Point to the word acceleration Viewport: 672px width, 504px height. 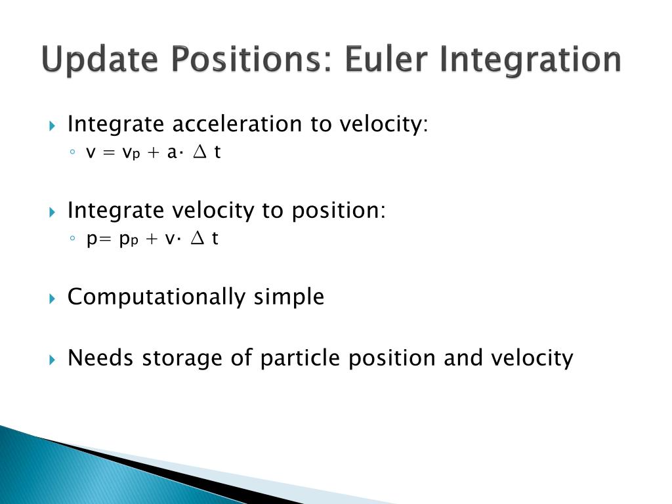coord(237,124)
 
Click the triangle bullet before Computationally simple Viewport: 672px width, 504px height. coord(52,299)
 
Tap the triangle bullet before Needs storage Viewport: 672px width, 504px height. coord(52,360)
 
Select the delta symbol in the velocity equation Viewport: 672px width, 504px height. coord(199,152)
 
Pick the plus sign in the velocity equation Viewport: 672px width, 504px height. coord(153,152)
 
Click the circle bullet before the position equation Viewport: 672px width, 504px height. coord(72,238)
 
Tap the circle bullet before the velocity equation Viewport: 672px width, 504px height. coord(72,152)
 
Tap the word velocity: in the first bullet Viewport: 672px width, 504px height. coord(384,125)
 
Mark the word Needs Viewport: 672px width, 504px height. coord(100,358)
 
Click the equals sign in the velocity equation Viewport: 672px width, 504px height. coord(110,153)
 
